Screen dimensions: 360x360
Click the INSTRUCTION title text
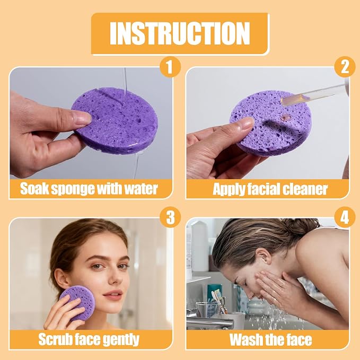[x=180, y=33]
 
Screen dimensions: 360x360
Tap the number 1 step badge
[x=170, y=67]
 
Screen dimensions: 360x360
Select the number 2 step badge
[x=345, y=67]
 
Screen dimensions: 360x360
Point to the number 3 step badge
[x=170, y=217]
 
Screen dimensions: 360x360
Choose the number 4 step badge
[x=345, y=217]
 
